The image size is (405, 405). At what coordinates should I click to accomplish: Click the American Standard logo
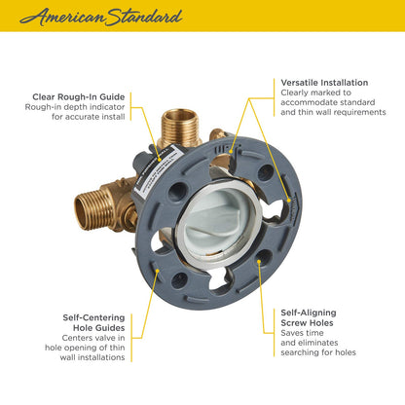point(99,17)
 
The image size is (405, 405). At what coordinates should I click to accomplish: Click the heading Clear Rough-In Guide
point(78,95)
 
